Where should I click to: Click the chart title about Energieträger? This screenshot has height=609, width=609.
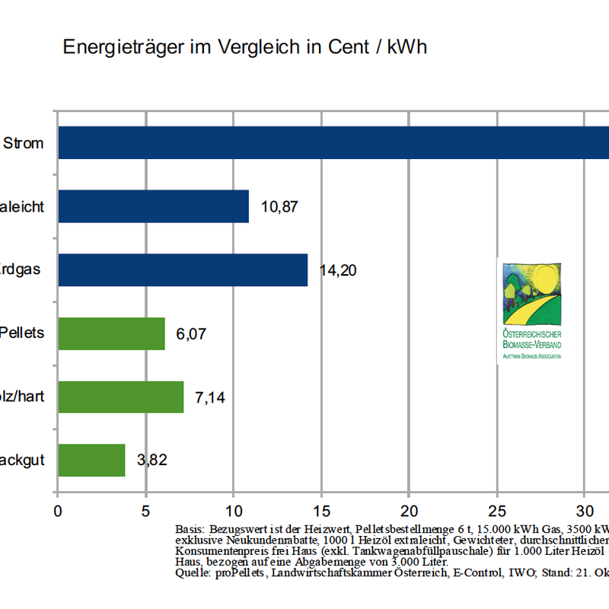pyautogui.click(x=244, y=47)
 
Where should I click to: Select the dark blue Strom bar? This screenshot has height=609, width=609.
pyautogui.click(x=333, y=142)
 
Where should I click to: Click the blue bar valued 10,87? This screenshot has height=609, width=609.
pyautogui.click(x=153, y=206)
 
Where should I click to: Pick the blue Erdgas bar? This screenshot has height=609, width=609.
pyautogui.click(x=183, y=270)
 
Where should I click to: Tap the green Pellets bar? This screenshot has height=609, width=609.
pyautogui.click(x=111, y=333)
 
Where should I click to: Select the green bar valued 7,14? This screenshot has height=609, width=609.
pyautogui.click(x=120, y=397)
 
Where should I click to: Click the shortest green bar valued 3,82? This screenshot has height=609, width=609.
pyautogui.click(x=91, y=460)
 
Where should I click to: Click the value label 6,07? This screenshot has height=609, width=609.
pyautogui.click(x=191, y=333)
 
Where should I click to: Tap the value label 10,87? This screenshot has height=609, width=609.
pyautogui.click(x=279, y=206)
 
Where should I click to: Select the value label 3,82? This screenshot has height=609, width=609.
pyautogui.click(x=151, y=460)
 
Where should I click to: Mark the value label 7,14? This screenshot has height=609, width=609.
pyautogui.click(x=210, y=397)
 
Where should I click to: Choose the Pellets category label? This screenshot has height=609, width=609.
pyautogui.click(x=21, y=333)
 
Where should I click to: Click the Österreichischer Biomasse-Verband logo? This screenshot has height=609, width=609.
pyautogui.click(x=532, y=309)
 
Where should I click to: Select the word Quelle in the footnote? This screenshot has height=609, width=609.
pyautogui.click(x=191, y=572)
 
